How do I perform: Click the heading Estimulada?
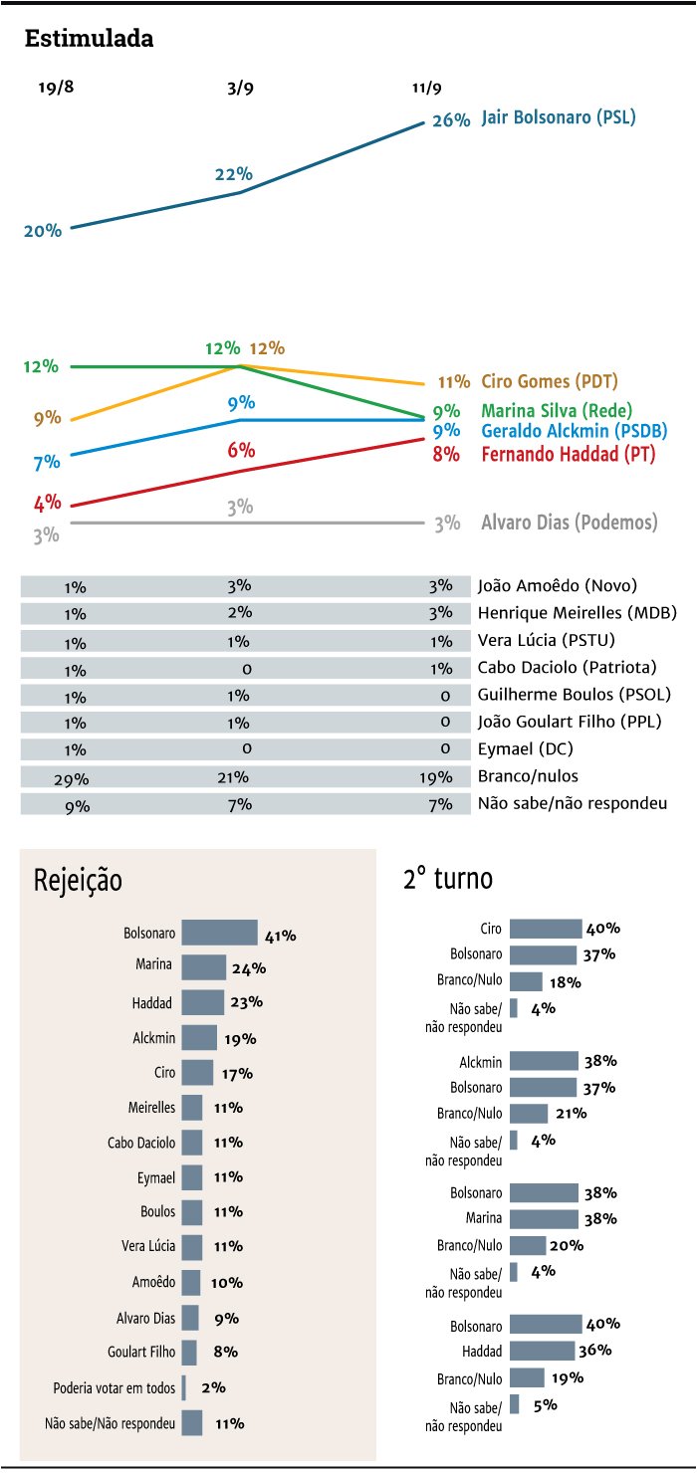[x=89, y=39]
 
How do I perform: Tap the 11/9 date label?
[x=426, y=88]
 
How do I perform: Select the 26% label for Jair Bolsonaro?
[x=451, y=120]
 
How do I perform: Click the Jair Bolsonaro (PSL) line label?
[x=558, y=117]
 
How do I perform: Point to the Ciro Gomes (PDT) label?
[x=550, y=381]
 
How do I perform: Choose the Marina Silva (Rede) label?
[x=557, y=410]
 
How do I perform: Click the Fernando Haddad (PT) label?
[x=557, y=454]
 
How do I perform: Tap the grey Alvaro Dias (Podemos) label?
[x=570, y=522]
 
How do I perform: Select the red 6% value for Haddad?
[x=241, y=450]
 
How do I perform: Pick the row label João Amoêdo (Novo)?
[x=557, y=586]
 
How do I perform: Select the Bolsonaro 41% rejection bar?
[x=219, y=934]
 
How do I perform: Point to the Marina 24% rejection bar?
[x=204, y=967]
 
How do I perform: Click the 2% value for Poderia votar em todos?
[x=213, y=1387]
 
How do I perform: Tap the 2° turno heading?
[x=448, y=879]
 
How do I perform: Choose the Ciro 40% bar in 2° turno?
[x=546, y=929]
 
